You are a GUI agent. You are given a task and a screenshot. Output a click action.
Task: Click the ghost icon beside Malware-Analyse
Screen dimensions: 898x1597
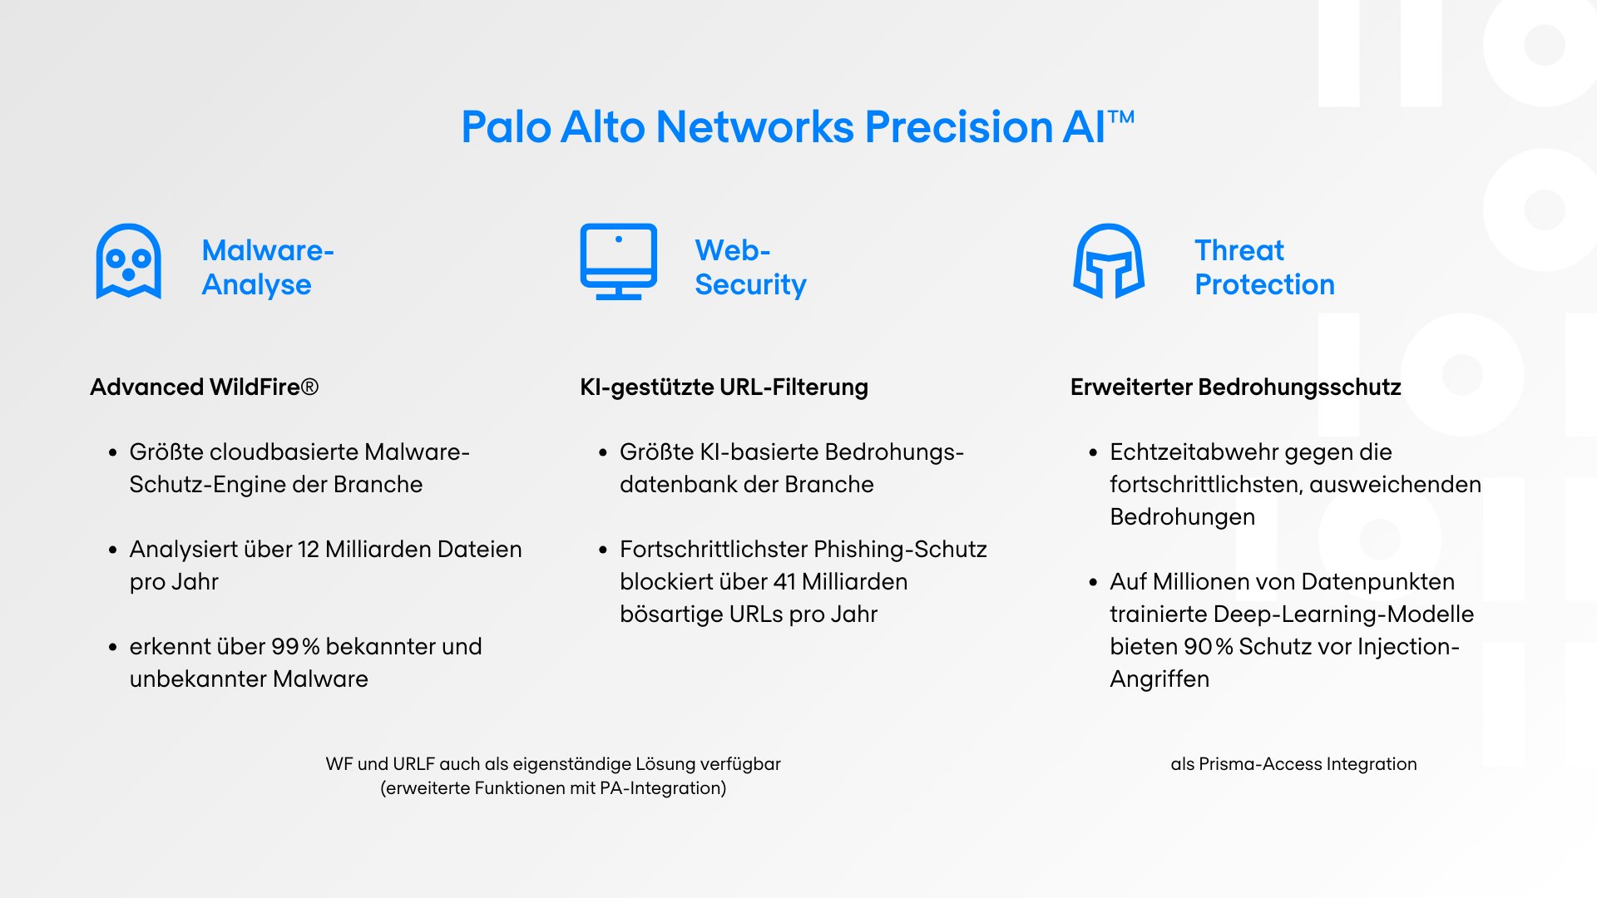(x=128, y=261)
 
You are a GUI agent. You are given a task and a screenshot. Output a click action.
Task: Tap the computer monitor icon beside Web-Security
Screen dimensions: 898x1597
(x=618, y=261)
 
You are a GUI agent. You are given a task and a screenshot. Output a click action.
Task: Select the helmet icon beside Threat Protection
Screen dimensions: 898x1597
(x=1109, y=261)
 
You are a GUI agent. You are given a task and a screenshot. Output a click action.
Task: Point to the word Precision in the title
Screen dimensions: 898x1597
(x=959, y=127)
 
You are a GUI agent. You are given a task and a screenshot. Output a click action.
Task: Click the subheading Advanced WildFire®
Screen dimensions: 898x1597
(x=204, y=387)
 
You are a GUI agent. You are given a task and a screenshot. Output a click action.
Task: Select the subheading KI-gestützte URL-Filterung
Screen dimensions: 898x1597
(x=724, y=387)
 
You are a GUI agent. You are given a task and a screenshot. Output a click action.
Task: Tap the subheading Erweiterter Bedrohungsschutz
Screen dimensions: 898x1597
(x=1235, y=387)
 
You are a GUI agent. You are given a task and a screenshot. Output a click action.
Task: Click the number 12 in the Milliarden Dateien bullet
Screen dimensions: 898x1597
(x=308, y=550)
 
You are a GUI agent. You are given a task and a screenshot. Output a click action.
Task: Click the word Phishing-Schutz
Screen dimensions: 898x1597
(x=900, y=550)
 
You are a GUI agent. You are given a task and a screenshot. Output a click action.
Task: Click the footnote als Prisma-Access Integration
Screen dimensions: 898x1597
(x=1293, y=764)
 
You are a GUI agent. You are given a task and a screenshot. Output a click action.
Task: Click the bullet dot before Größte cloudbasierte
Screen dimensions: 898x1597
(x=112, y=453)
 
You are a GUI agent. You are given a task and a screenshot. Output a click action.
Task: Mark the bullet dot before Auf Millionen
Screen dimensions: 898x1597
(x=1093, y=583)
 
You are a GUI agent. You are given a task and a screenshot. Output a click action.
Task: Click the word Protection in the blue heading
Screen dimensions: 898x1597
(x=1264, y=285)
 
